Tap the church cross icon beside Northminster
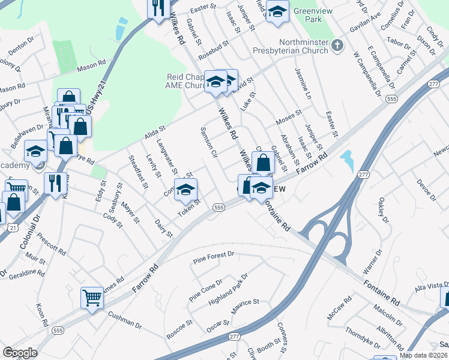pos(338,45)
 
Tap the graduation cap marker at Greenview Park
pos(277,13)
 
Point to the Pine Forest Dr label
pos(213,257)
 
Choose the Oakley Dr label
pos(384,210)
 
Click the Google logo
pos(20,353)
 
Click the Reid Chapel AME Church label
pos(186,81)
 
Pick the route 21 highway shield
pos(13,227)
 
